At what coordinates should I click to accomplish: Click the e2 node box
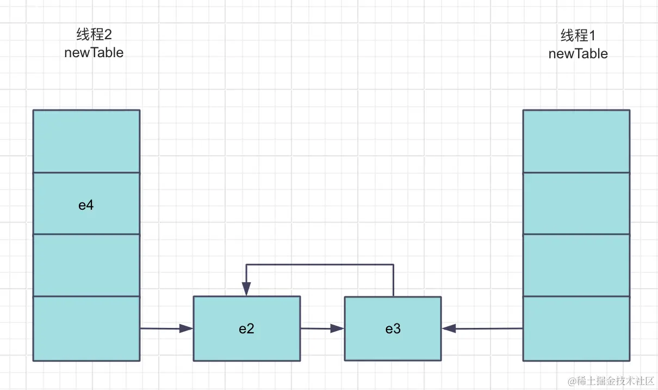(x=246, y=328)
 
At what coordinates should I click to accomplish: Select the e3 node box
(x=393, y=328)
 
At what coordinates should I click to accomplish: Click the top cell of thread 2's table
(x=86, y=141)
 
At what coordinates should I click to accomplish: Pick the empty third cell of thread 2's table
(x=86, y=265)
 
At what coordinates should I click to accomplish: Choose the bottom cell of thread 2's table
(x=86, y=328)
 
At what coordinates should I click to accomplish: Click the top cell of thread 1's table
(x=576, y=141)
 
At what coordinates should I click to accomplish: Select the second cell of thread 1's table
(x=576, y=204)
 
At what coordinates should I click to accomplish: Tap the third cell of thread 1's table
(x=576, y=265)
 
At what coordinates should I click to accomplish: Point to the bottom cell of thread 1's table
(x=576, y=328)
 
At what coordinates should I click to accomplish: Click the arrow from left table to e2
(x=166, y=328)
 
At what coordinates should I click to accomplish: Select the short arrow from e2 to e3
(x=322, y=328)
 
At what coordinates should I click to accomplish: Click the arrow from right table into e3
(x=482, y=328)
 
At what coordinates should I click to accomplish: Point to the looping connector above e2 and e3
(x=320, y=265)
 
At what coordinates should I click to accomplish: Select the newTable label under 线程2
(x=94, y=53)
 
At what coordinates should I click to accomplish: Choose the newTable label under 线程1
(x=578, y=54)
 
